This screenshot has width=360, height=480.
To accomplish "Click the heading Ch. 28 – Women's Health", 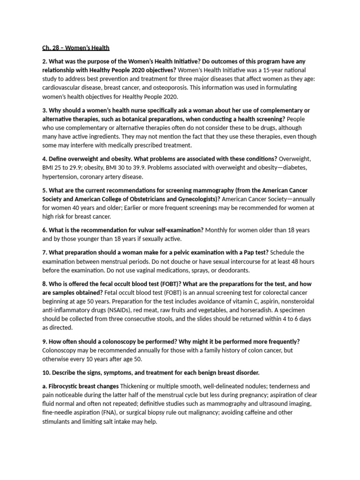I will [x=74, y=48].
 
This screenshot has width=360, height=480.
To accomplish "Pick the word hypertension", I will [x=58, y=177].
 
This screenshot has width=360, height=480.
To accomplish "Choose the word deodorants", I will [x=230, y=270].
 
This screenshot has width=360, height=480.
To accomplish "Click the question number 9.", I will [x=45, y=341].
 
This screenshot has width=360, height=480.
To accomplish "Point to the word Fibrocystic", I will [x=66, y=386].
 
